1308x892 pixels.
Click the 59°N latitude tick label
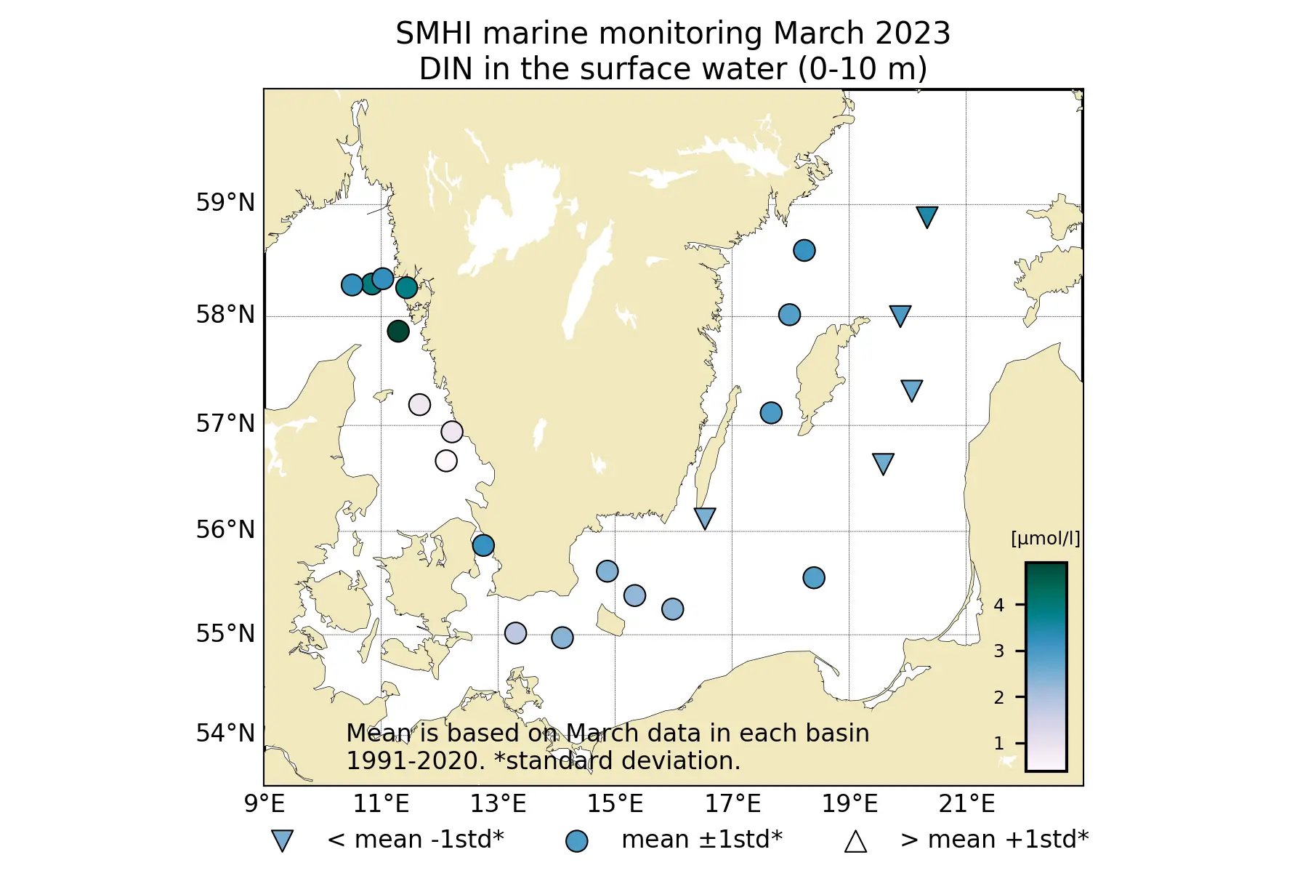(x=225, y=203)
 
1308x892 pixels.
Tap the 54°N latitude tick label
(x=225, y=734)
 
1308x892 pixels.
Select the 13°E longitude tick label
(x=498, y=804)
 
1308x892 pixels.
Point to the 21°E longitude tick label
(x=966, y=804)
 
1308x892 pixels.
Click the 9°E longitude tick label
(x=265, y=804)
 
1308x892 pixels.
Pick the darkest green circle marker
(x=398, y=332)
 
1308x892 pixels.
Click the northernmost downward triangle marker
(x=926, y=216)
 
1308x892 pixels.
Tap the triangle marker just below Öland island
(x=705, y=517)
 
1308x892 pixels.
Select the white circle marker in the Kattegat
(x=446, y=461)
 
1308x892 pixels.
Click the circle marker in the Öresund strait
(x=483, y=545)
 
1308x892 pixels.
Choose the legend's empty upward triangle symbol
(x=855, y=842)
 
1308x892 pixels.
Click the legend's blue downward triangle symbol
(x=282, y=840)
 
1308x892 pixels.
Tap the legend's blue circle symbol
(x=577, y=841)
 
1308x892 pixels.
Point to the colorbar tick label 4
(x=999, y=605)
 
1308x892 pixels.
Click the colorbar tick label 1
(x=999, y=744)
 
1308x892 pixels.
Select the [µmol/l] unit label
(x=1045, y=539)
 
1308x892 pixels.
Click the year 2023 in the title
(x=913, y=33)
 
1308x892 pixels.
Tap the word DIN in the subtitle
(x=443, y=69)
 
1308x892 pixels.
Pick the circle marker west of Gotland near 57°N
(x=771, y=413)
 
